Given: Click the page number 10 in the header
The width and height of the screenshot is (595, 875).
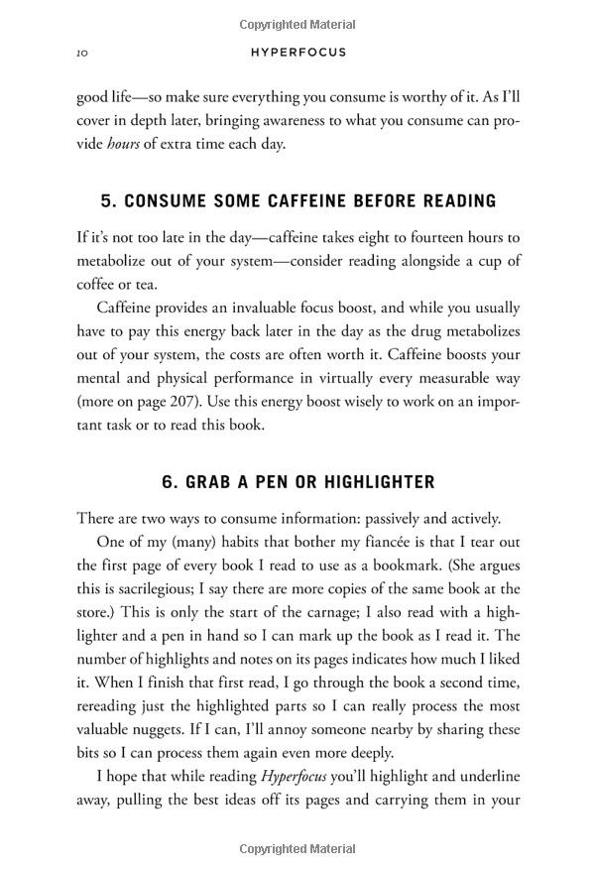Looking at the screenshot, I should point(82,53).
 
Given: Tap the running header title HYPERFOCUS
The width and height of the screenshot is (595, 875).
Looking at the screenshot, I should point(297,53).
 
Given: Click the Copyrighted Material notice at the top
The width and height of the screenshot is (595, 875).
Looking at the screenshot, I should point(297,24).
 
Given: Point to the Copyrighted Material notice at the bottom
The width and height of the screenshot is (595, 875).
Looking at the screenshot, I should point(297,850).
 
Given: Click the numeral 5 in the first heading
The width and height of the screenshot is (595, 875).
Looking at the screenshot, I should point(106,201).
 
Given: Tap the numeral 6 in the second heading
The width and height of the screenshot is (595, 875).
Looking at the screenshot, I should point(167,482).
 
